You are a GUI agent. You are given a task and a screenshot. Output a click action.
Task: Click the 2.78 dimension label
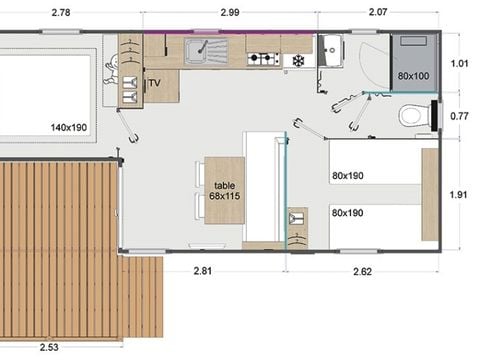[x=59, y=13]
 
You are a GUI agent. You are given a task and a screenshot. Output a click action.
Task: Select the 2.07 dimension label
[x=377, y=13]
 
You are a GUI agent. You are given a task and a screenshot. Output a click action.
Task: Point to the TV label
[x=155, y=83]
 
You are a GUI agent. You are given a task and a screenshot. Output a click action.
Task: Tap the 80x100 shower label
[x=413, y=76]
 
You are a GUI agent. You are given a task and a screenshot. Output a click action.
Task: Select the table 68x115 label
[x=223, y=190]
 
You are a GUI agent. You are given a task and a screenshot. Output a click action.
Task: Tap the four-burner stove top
[x=262, y=59]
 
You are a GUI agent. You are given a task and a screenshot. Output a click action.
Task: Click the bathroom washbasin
[x=331, y=50]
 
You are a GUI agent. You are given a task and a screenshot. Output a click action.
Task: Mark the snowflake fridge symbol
[x=296, y=61]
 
